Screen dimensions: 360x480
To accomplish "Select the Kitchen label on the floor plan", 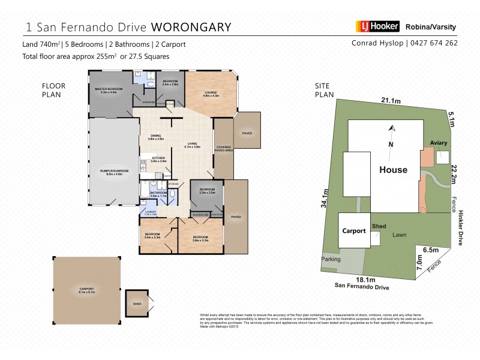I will [x=158, y=159].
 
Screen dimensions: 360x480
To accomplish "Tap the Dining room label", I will [x=156, y=137].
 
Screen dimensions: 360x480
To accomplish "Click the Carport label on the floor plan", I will [x=87, y=291].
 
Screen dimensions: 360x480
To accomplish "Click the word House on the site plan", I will [x=393, y=170].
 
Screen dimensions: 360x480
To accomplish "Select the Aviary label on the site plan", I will [x=439, y=143].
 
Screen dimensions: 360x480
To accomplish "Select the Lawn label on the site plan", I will [x=401, y=236].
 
